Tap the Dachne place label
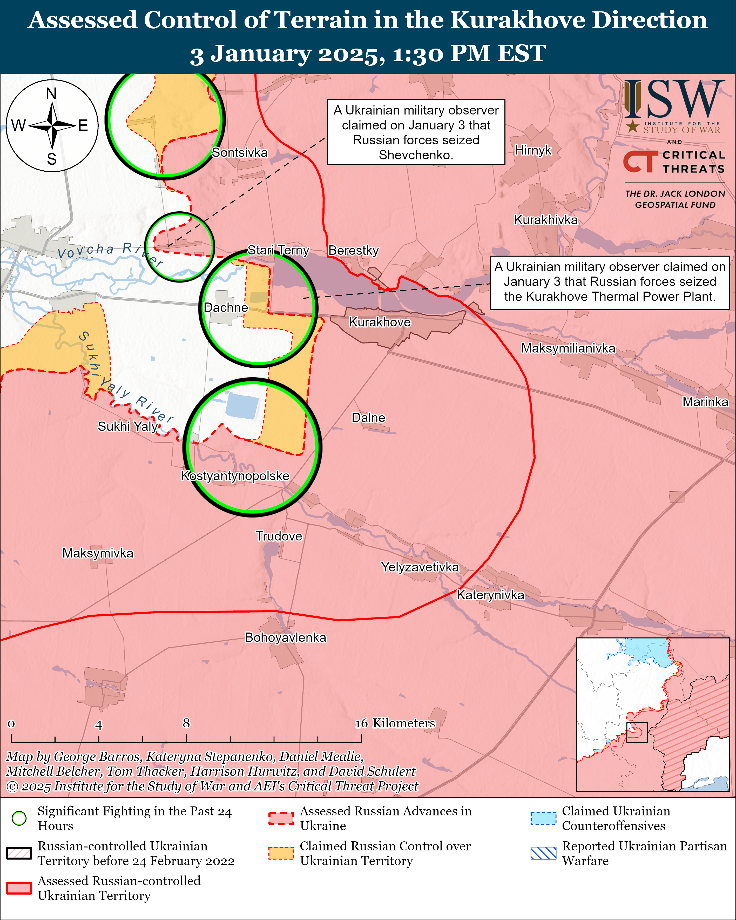point(226,308)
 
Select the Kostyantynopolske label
point(235,476)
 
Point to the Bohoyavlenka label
point(285,637)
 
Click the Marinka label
point(705,402)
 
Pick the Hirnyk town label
point(533,150)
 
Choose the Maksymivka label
point(98,553)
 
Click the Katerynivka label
point(490,595)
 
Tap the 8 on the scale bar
point(186,723)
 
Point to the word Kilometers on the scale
point(404,723)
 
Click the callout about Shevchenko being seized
point(416,132)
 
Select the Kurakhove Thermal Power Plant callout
point(610,282)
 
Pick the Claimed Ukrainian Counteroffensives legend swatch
point(543,818)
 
